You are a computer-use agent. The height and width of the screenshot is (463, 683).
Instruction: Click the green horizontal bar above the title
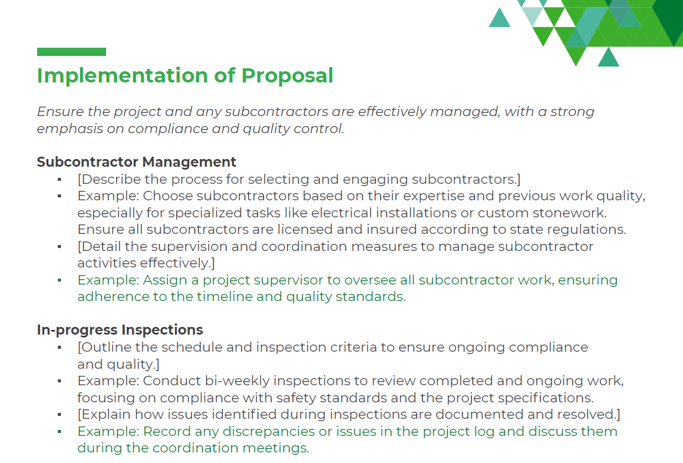(71, 52)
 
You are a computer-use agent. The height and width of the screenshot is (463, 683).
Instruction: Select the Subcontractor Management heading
(136, 162)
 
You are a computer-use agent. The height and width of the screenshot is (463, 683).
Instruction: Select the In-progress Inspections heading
(120, 330)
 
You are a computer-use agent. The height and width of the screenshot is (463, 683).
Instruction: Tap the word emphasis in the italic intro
(64, 128)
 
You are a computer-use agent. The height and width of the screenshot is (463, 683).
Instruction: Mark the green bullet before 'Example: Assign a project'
(60, 280)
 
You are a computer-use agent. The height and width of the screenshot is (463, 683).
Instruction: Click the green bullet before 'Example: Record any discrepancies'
(60, 431)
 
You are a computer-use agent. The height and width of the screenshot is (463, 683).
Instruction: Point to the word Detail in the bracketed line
(99, 246)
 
